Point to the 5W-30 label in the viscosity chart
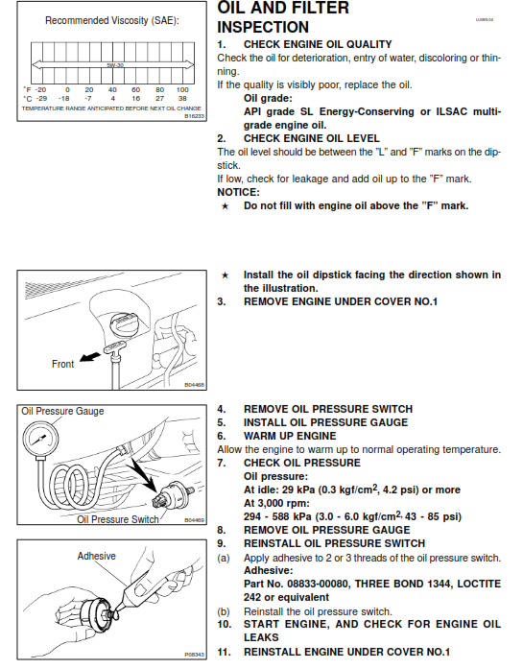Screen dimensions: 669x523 tap(114, 66)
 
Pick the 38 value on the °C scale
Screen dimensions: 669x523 tap(183, 98)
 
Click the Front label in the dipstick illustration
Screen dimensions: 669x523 tap(62, 364)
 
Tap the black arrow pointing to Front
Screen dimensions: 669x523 tap(96, 357)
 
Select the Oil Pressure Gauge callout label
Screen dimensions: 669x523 tap(62, 412)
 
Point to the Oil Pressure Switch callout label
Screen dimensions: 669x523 tap(118, 519)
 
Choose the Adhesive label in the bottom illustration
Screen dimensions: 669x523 tap(97, 556)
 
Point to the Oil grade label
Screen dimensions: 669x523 tap(272, 98)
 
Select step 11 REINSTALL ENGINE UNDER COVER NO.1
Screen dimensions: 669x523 tap(346, 651)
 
